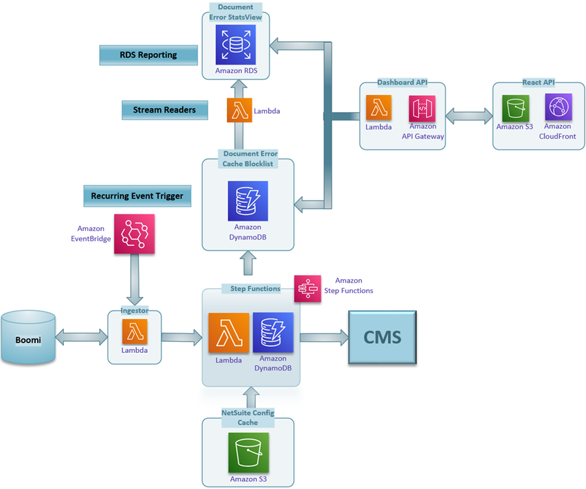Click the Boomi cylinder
pos(28,337)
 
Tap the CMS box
pos(382,337)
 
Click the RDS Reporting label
pos(149,55)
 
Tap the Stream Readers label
pos(164,110)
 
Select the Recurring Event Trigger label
pos(137,195)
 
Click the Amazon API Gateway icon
pos(422,109)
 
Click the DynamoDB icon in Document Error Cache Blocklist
pos(248,201)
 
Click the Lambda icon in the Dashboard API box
pos(379,109)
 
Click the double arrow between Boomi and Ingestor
pos(81,337)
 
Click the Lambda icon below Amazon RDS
pos(239,110)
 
